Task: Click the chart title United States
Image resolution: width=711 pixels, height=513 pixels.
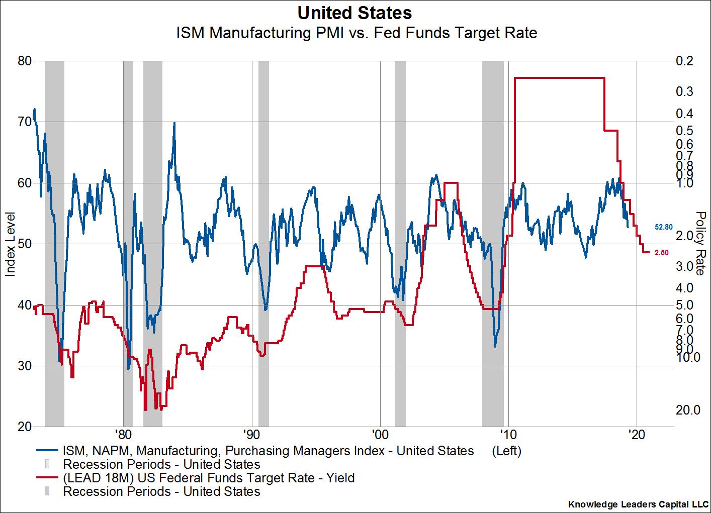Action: [x=354, y=12]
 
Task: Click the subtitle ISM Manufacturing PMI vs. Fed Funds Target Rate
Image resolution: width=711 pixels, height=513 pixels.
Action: [x=356, y=33]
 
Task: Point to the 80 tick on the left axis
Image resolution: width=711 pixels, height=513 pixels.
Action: [x=25, y=61]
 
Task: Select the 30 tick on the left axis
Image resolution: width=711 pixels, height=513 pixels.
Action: [x=25, y=366]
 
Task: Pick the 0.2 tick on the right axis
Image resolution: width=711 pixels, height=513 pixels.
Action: [x=685, y=61]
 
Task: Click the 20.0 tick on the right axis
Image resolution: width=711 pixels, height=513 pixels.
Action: [x=688, y=410]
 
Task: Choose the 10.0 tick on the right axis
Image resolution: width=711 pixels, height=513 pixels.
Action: [x=688, y=357]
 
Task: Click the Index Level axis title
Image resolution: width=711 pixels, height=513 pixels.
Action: [x=10, y=244]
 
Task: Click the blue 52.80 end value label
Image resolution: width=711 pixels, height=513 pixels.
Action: [x=664, y=227]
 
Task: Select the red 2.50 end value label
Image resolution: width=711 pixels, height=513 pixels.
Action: [x=662, y=253]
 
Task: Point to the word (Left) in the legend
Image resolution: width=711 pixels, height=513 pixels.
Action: [x=506, y=451]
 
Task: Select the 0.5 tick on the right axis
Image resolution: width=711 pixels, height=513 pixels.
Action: [x=684, y=131]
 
